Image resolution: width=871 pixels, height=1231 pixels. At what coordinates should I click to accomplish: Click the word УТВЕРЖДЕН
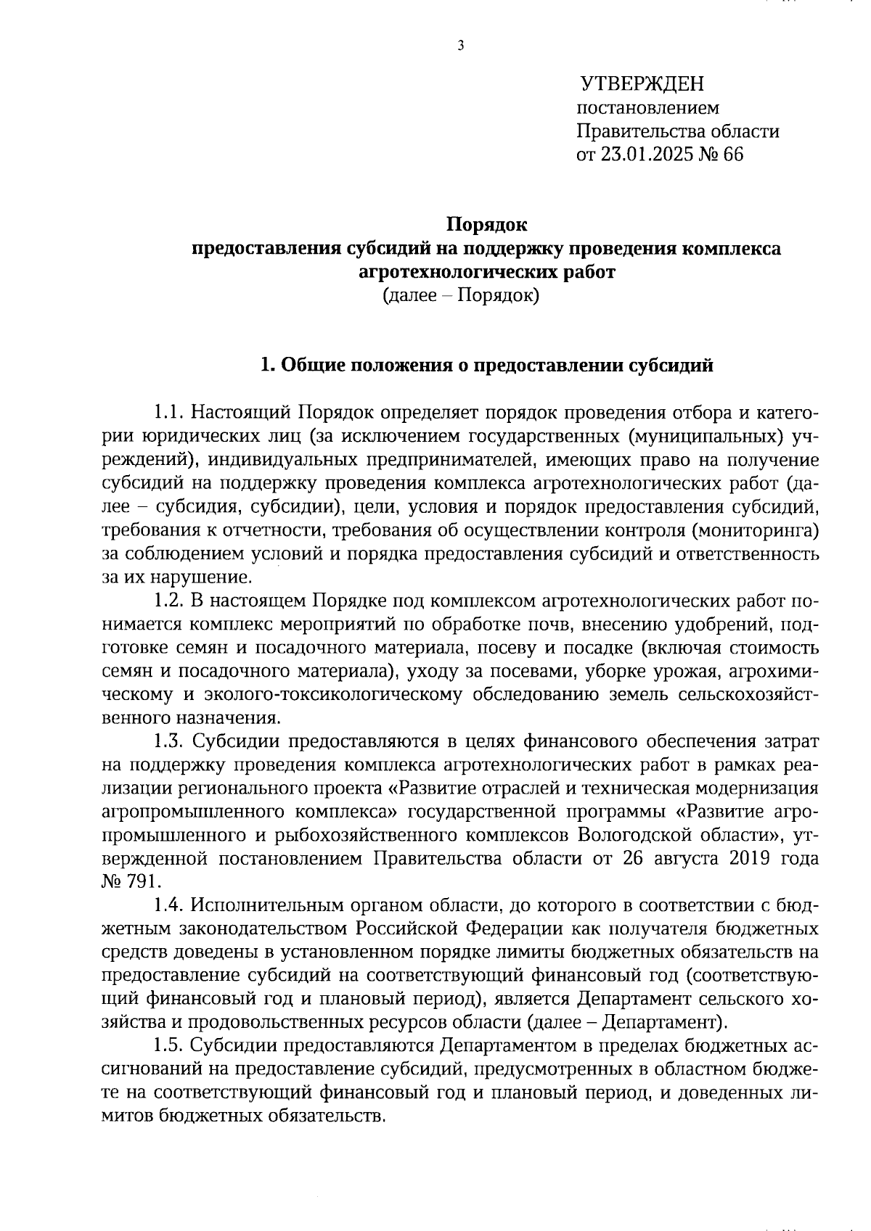click(642, 84)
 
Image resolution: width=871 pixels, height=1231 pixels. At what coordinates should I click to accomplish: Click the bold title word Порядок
click(487, 225)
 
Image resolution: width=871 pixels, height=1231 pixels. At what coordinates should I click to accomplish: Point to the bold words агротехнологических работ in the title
click(487, 272)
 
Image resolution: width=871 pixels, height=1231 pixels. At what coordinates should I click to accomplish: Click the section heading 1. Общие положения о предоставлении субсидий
click(487, 365)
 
